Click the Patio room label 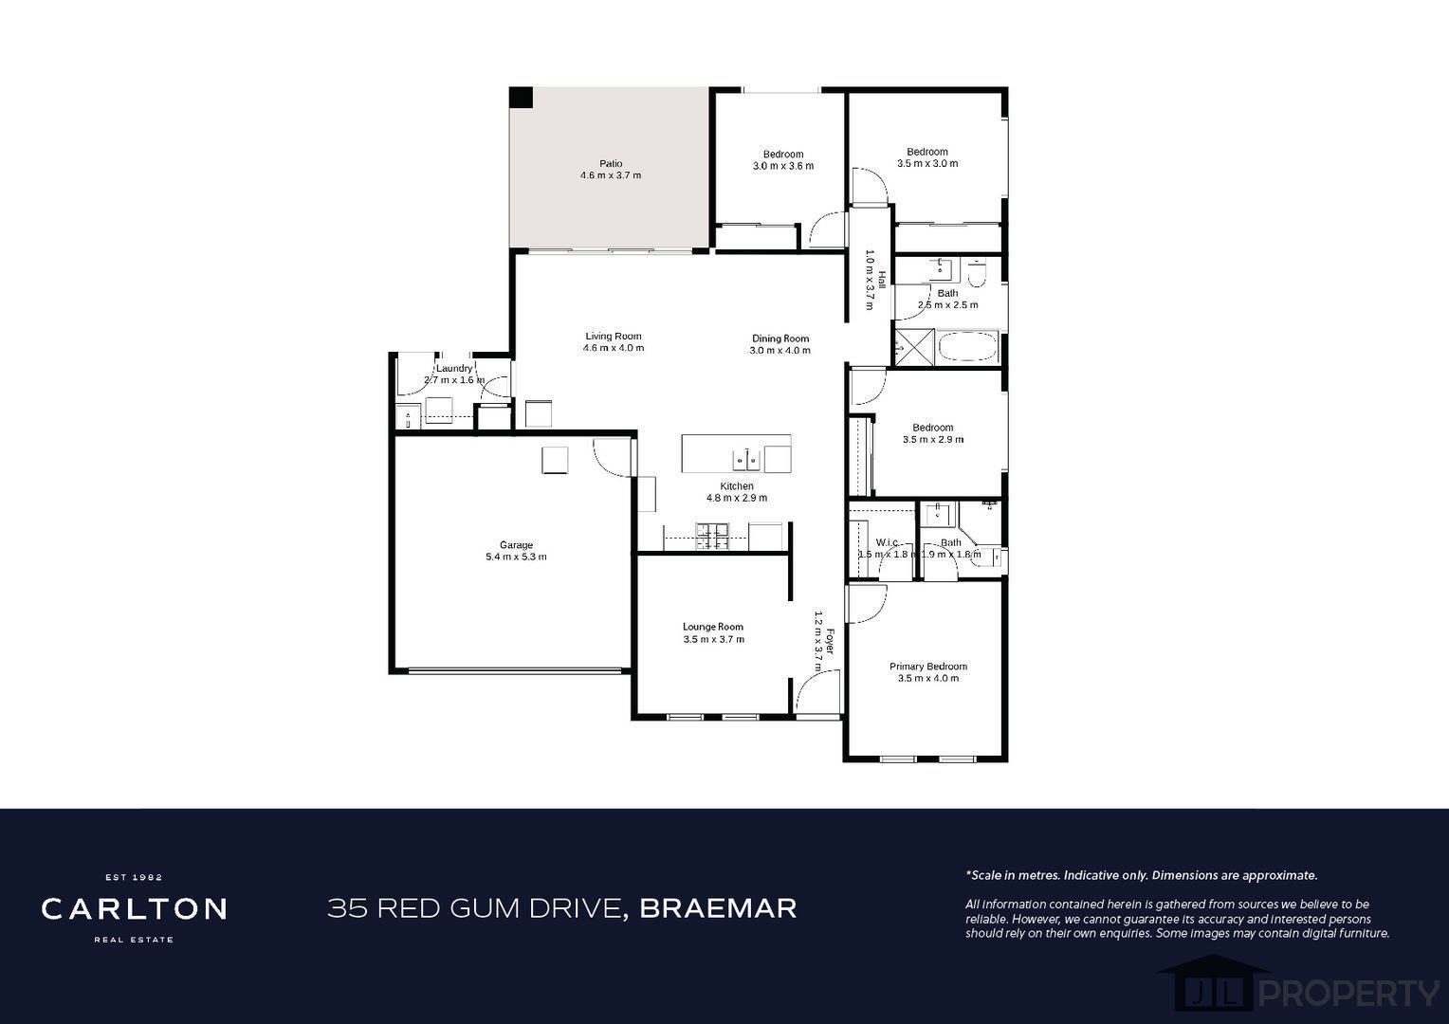tap(611, 164)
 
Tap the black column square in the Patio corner tap(521, 98)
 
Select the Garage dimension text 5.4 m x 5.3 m tap(516, 557)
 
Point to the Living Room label tap(614, 336)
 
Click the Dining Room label tap(780, 338)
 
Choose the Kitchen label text tap(737, 485)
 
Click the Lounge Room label tap(713, 626)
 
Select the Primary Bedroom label tap(928, 667)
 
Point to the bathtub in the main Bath tap(967, 347)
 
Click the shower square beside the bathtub tap(915, 347)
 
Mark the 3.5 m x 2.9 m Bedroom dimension tap(933, 439)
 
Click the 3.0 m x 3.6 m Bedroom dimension tap(782, 166)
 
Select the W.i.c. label tap(887, 542)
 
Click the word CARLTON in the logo tap(134, 909)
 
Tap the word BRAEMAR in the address tap(718, 908)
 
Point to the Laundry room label tap(454, 368)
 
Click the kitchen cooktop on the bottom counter tap(711, 537)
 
